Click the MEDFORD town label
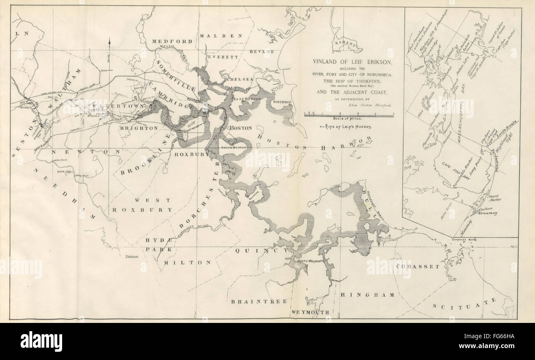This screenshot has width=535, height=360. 172,42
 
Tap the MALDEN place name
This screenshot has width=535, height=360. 221,36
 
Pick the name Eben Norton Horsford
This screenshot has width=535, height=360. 370,105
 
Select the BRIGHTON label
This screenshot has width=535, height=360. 139,128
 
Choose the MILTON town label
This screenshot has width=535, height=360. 187,262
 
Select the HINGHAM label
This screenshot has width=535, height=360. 368,295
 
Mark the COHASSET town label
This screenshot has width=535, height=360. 418,266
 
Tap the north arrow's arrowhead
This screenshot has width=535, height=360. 109,40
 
